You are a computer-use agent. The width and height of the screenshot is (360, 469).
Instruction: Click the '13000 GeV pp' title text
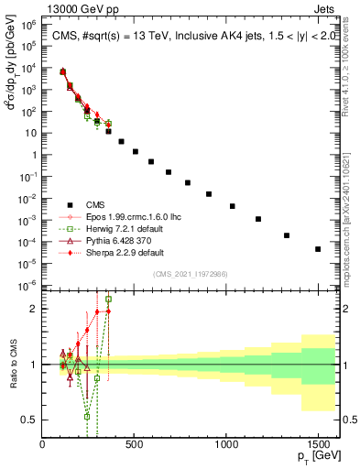pyautogui.click(x=39, y=7)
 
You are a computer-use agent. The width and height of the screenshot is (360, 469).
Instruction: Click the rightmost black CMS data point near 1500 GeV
pyautogui.click(x=318, y=249)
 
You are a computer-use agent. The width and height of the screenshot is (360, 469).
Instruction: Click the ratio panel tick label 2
pyautogui.click(x=35, y=309)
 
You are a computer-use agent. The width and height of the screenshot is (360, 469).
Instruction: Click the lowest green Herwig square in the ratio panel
pyautogui.click(x=88, y=416)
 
